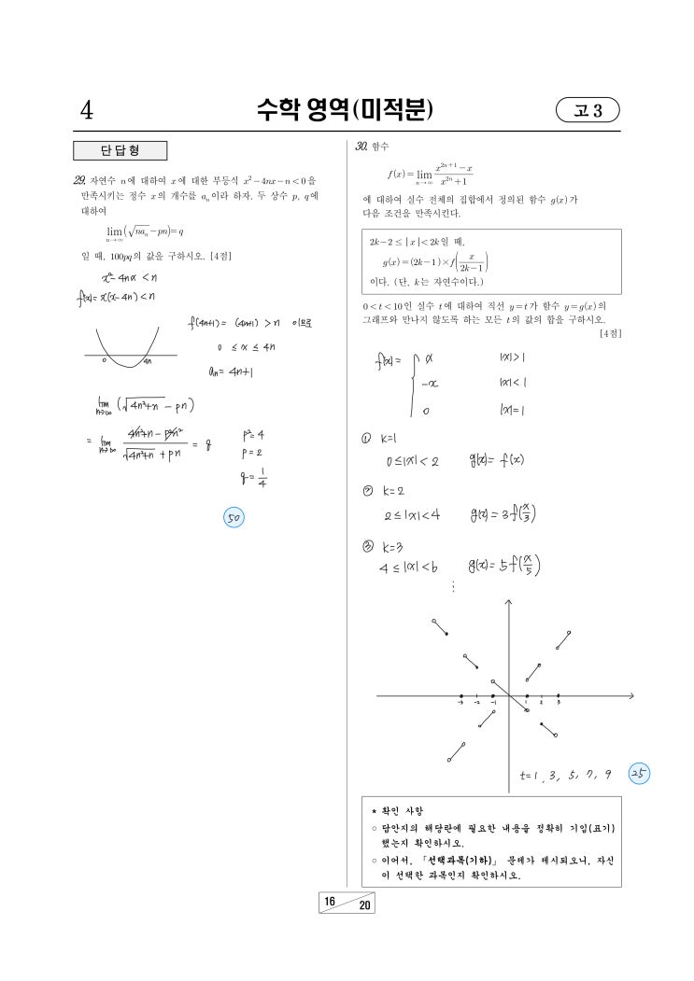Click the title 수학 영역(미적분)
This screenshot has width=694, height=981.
[347, 111]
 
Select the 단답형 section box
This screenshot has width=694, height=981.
[120, 151]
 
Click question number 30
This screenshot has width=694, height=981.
[357, 147]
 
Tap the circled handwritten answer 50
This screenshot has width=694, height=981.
[234, 516]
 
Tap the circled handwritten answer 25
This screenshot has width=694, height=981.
[640, 774]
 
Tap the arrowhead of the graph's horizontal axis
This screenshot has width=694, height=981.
[632, 695]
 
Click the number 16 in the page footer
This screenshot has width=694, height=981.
[329, 900]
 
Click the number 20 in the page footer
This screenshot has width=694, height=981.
[363, 908]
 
